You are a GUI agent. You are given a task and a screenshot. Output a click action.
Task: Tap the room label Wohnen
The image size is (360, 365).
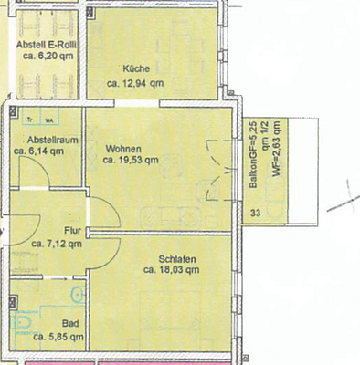(123, 148)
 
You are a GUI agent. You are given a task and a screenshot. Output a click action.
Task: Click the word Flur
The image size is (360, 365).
(73, 231)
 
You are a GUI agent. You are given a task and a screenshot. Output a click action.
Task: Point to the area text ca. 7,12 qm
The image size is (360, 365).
(57, 244)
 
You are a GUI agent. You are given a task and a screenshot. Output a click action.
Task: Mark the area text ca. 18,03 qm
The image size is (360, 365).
(174, 270)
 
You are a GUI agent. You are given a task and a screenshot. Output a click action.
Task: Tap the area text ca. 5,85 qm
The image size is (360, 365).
(58, 337)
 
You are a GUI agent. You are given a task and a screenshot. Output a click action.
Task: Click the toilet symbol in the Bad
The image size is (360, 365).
(20, 325)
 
